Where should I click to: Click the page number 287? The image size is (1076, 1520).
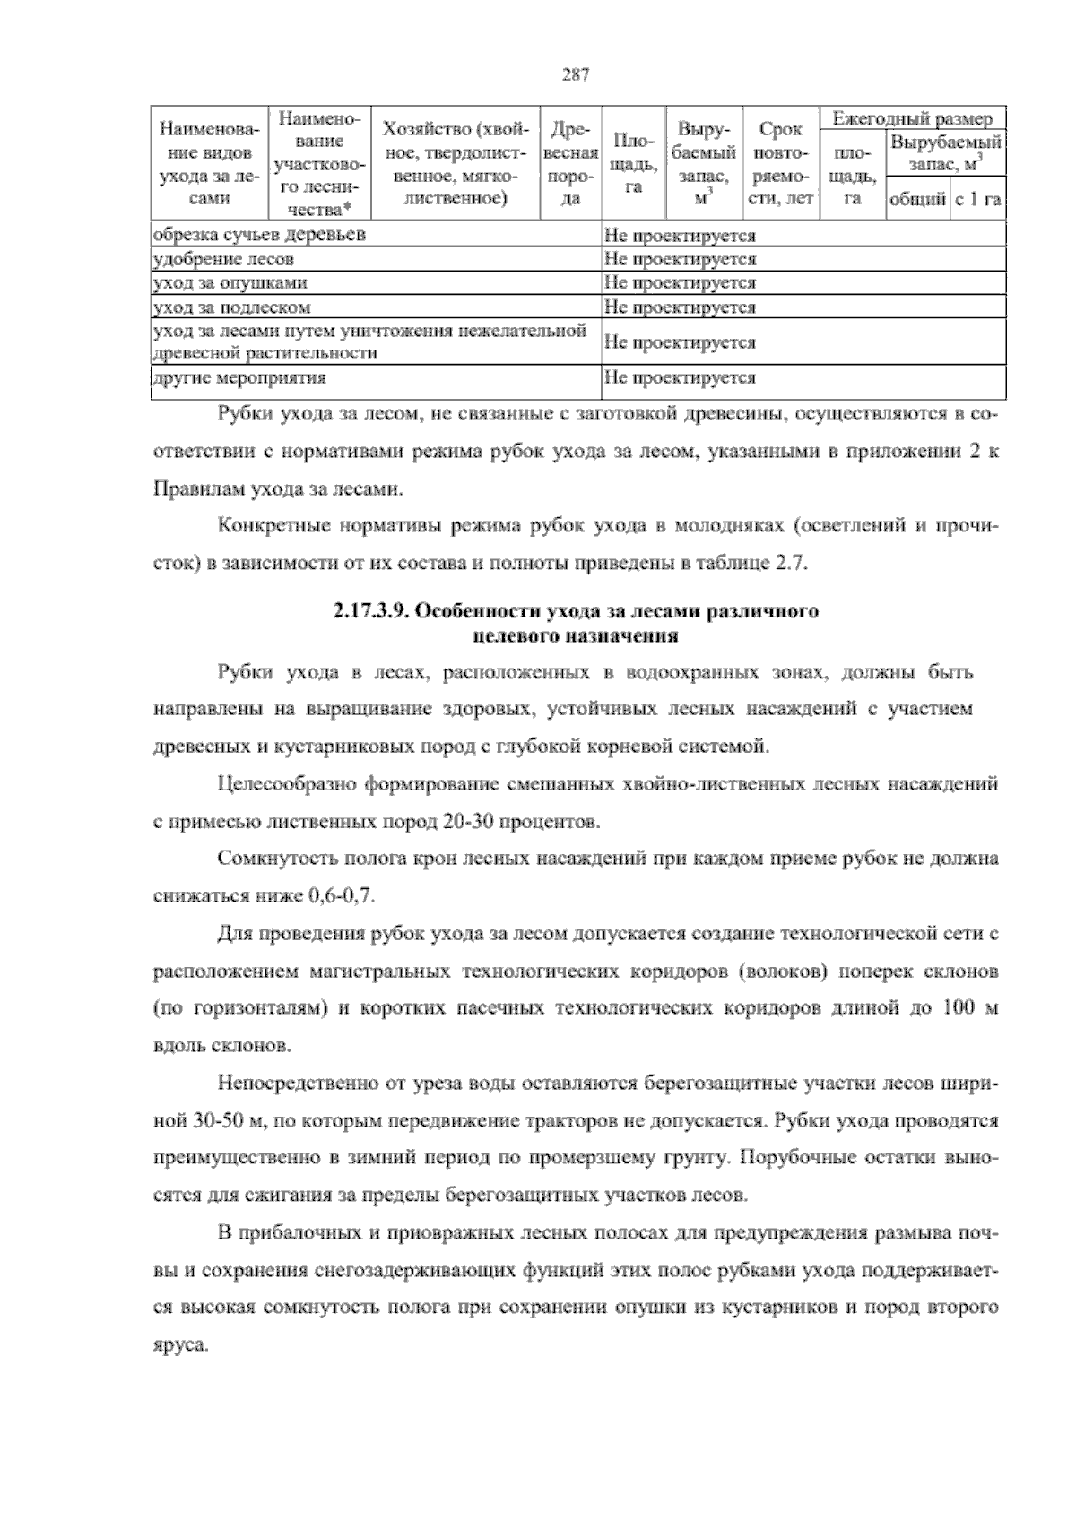[575, 75]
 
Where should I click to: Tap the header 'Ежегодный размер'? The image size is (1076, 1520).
[913, 119]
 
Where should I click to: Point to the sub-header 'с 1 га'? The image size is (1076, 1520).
[978, 200]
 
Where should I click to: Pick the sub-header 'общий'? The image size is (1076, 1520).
[916, 200]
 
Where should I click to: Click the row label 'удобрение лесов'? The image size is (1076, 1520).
[223, 260]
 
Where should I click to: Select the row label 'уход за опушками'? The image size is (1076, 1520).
[230, 283]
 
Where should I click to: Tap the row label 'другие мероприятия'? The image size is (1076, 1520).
[239, 378]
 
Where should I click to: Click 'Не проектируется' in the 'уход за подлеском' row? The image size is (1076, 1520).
[680, 307]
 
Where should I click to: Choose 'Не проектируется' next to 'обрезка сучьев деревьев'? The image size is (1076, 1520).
[680, 237]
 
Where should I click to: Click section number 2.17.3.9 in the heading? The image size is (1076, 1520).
[371, 613]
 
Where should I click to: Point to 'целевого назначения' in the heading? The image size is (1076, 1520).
[575, 637]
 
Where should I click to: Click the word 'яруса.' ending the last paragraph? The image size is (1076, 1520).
[180, 1345]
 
